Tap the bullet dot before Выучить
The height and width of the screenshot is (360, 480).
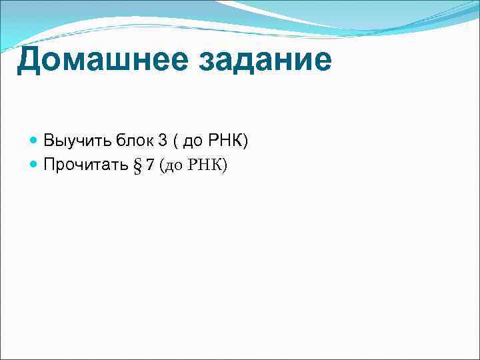coord(34,141)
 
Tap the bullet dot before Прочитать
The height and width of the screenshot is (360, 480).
coord(34,165)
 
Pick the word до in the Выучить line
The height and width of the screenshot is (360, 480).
coord(191,141)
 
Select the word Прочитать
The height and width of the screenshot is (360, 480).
coord(85,165)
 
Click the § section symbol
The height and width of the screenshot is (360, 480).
coord(138,165)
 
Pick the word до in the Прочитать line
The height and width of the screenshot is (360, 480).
coord(173,165)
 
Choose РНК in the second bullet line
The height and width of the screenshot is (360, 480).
coord(203,165)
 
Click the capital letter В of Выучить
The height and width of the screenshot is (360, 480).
coord(49,141)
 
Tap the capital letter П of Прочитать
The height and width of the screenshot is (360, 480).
coord(49,165)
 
